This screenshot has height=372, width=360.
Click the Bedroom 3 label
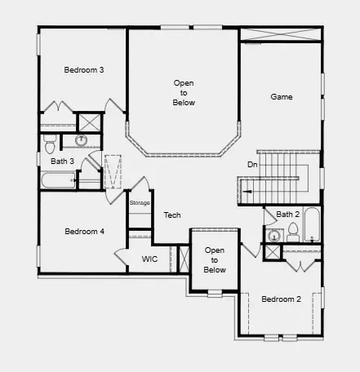point(84,70)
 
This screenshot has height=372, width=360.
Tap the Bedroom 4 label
point(84,232)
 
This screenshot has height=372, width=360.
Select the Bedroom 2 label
point(281,299)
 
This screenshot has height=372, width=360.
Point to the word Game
point(282,97)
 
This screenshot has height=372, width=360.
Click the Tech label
point(171,215)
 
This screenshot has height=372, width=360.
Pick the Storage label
point(140,202)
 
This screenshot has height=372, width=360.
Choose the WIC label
point(149,259)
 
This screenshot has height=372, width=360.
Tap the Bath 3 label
point(63,162)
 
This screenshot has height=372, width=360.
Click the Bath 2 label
point(288,215)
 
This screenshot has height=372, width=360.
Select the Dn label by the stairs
point(253,165)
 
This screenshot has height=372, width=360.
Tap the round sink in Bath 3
point(82,140)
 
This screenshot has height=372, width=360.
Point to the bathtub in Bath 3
point(58,179)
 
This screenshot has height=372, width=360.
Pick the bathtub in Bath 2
point(312,224)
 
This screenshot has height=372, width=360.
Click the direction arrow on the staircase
point(245,192)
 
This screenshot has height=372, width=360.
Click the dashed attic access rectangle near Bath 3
point(113,171)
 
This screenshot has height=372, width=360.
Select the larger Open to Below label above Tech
point(183,93)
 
